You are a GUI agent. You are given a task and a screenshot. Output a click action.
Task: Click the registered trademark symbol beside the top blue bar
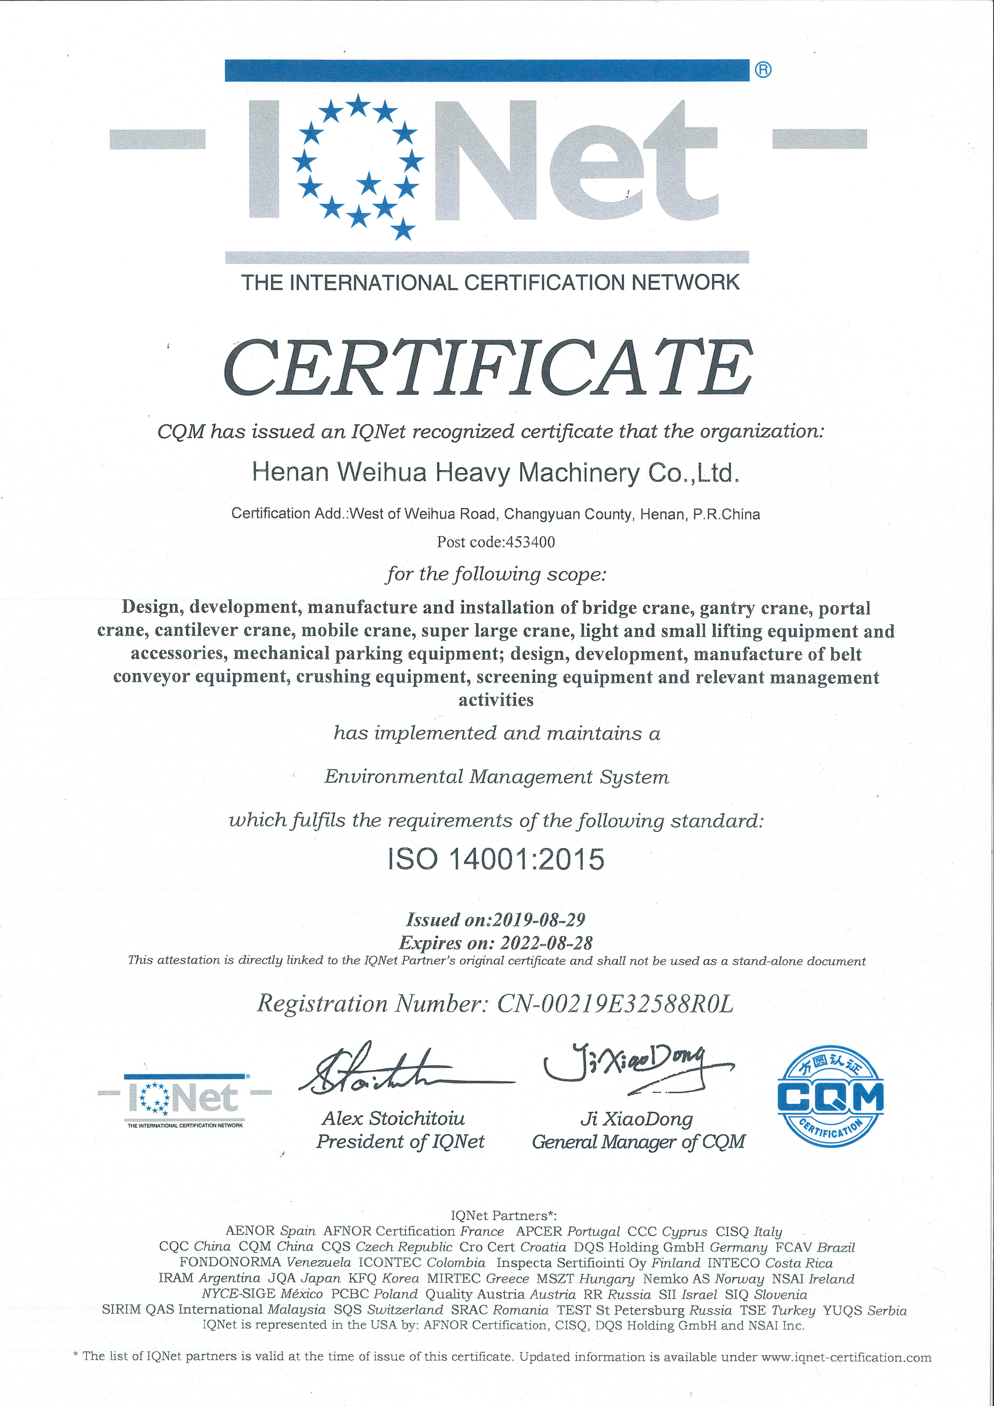763,70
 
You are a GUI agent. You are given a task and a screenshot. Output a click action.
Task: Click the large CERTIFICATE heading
488,369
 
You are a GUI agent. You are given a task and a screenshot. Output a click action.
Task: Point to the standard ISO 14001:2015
496,859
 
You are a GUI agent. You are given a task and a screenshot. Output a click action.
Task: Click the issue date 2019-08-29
538,920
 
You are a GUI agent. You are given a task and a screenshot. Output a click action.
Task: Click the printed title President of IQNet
400,1141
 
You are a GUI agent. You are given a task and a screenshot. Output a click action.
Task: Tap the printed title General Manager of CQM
638,1141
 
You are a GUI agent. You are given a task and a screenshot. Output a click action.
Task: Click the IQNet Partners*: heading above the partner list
503,1216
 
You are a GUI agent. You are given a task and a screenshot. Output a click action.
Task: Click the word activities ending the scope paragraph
496,700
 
